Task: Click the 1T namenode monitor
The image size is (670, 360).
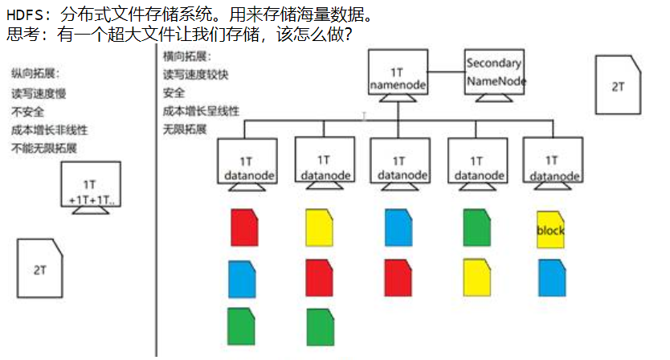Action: pos(398,73)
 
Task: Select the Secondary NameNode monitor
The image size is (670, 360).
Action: pos(494,72)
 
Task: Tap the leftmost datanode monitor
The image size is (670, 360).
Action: pos(247,162)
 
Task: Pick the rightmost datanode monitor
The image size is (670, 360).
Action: pos(552,162)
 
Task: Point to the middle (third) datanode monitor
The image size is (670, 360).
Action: pos(400,162)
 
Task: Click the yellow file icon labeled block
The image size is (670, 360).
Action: pos(550,229)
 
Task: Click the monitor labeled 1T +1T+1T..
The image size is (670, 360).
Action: pos(92,186)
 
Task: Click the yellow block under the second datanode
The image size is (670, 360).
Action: pos(321,227)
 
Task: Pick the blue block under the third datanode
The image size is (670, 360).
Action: pos(399,227)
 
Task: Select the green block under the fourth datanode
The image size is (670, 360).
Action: pos(477,227)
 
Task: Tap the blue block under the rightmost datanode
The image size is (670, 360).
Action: pos(551,277)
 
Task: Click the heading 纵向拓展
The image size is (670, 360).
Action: pos(35,74)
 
